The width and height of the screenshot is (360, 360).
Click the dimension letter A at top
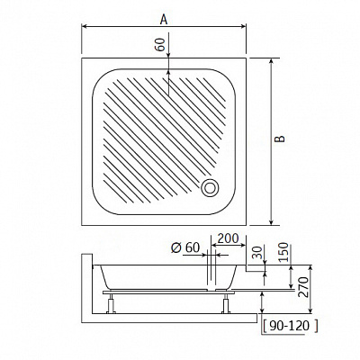164,20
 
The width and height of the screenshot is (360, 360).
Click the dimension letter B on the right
281,139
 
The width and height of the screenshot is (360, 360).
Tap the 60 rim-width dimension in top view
161,45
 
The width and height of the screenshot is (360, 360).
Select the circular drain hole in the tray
210,188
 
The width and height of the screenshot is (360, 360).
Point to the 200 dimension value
228,238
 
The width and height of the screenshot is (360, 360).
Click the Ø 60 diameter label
185,247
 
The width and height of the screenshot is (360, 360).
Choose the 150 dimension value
283,252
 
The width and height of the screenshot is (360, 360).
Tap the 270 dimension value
303,287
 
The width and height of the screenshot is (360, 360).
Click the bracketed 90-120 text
290,326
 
